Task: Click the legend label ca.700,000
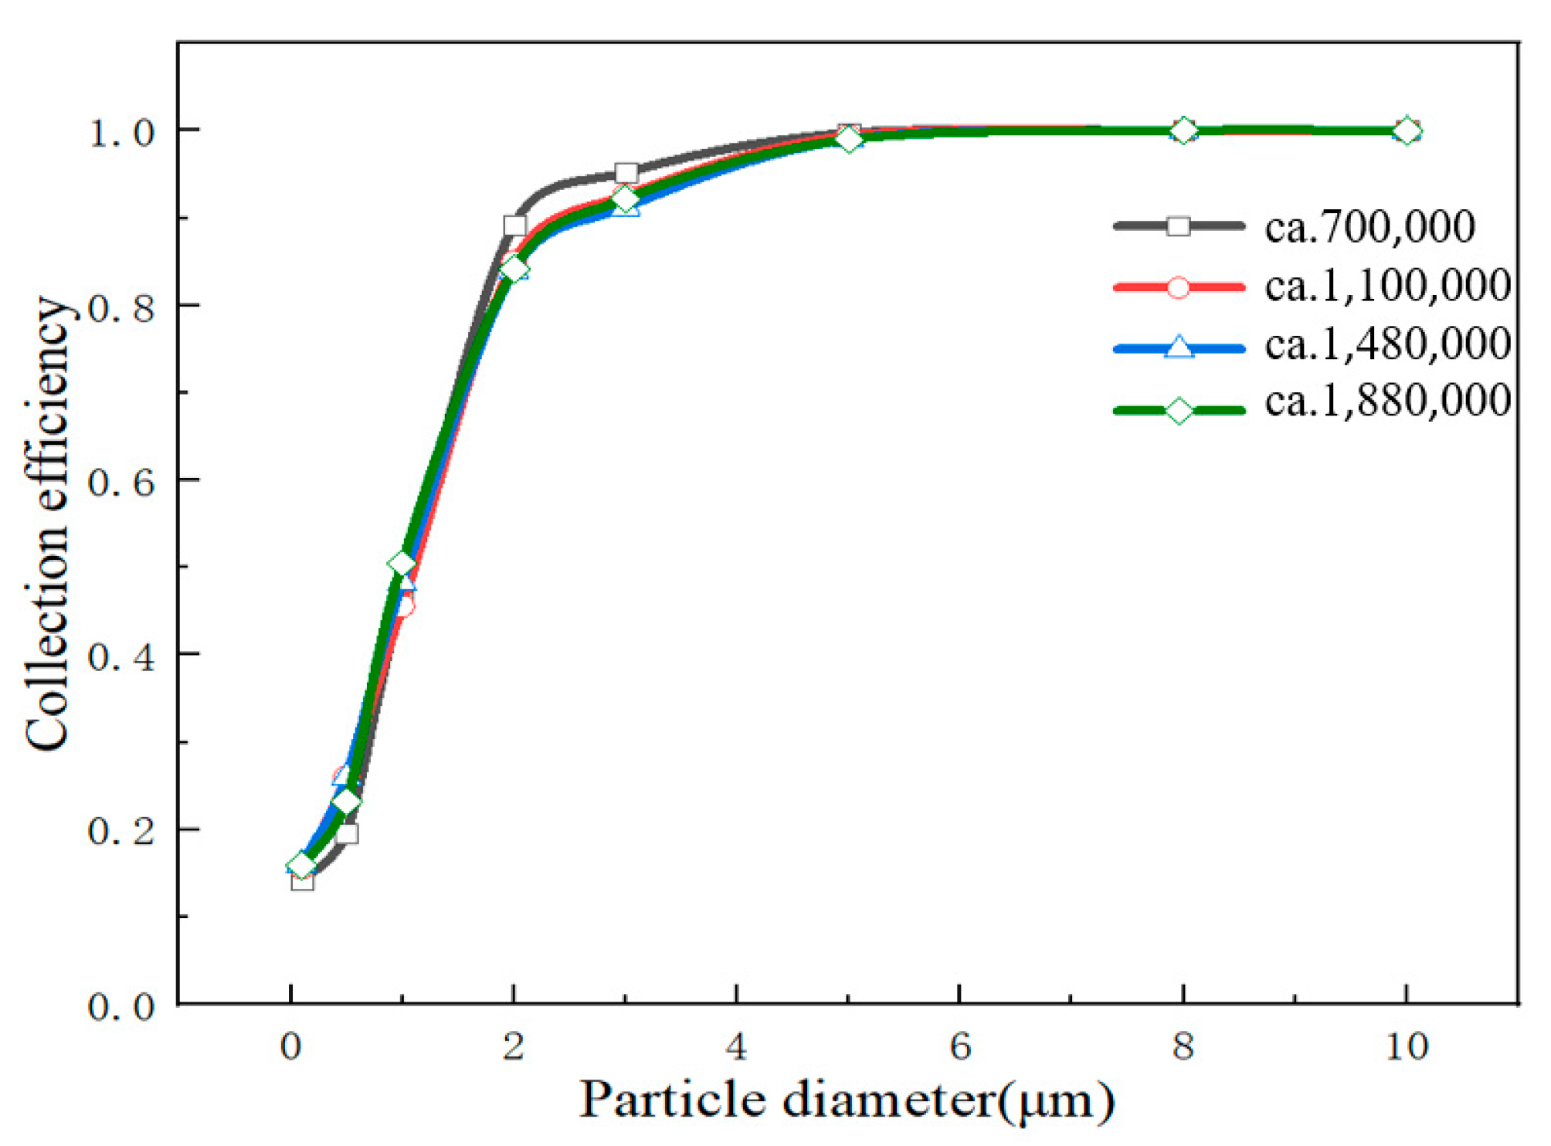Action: pos(1369,227)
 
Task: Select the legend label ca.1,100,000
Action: pos(1387,286)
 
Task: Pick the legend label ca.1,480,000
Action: pos(1387,344)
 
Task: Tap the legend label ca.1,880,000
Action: pos(1387,402)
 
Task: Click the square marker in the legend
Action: pos(1178,226)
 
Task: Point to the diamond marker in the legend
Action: pos(1179,411)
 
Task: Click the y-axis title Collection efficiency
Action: pos(48,523)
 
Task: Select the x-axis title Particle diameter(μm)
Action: pos(847,1100)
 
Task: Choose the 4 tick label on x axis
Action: pos(736,1047)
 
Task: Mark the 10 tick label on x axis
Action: pos(1407,1047)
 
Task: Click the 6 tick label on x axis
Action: pos(959,1047)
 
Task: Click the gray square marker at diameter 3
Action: pos(626,173)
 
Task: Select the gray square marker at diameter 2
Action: pos(514,225)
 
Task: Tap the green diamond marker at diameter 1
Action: pos(402,564)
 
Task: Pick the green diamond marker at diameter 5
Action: pos(848,140)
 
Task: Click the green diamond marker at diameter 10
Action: pos(1407,131)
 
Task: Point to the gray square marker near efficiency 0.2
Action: pos(347,833)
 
